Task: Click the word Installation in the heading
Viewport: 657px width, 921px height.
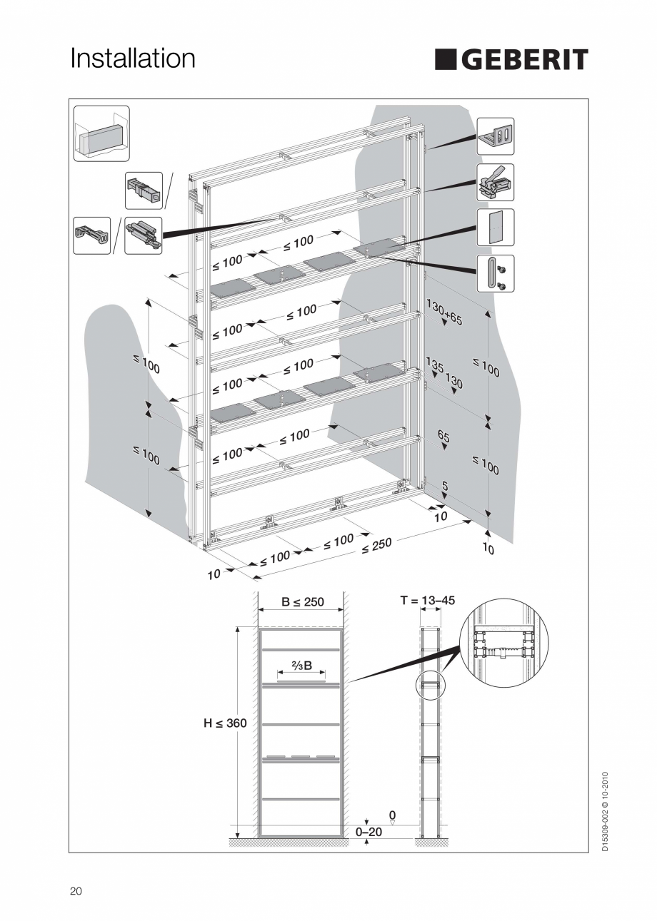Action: [x=133, y=58]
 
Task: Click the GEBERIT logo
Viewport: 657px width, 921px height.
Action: [x=511, y=60]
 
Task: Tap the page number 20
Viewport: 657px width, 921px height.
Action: [x=76, y=891]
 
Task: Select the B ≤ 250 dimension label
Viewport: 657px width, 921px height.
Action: [x=302, y=601]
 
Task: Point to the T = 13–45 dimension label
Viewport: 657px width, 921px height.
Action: [x=428, y=601]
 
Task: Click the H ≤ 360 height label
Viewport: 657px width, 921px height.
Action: [x=225, y=723]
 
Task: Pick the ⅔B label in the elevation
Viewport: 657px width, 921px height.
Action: [x=301, y=666]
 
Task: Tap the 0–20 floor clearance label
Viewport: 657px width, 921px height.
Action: [x=368, y=832]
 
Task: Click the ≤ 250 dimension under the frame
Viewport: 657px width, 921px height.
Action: [x=376, y=546]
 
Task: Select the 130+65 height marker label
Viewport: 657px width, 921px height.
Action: [x=444, y=312]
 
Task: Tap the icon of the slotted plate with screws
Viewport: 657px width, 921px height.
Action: [x=495, y=273]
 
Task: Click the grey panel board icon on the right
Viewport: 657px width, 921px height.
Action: [x=495, y=228]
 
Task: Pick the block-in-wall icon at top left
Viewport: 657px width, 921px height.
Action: [x=101, y=133]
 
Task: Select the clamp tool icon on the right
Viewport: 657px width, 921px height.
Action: [x=495, y=182]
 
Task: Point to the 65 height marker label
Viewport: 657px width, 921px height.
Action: [x=443, y=436]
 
